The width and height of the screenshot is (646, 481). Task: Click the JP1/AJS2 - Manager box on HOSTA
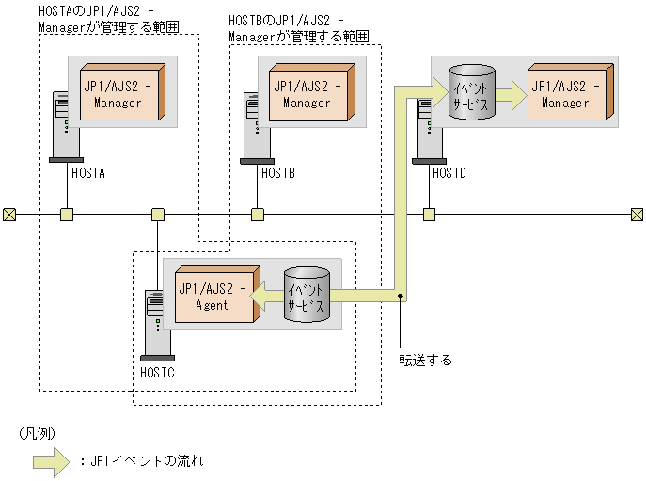click(121, 93)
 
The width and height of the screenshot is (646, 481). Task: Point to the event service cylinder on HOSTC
click(307, 297)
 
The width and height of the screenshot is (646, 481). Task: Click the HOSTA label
click(87, 174)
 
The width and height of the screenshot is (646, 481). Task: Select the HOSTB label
click(278, 174)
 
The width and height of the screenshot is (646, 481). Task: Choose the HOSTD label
click(449, 174)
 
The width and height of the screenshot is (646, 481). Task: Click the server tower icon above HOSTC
click(156, 325)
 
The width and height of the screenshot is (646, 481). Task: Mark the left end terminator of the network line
click(8, 215)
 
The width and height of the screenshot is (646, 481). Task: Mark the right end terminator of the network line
click(637, 215)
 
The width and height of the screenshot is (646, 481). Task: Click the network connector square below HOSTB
click(257, 215)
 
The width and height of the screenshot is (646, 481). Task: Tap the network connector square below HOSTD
click(429, 215)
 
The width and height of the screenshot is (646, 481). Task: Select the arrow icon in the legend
click(52, 461)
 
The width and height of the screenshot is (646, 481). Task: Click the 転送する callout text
click(425, 360)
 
